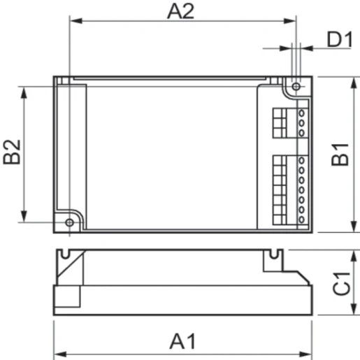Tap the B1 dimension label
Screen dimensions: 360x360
pos(340,155)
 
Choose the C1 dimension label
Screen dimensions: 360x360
pos(340,287)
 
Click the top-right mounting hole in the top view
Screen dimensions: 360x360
pos(296,86)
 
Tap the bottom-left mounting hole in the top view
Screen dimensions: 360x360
pos(69,222)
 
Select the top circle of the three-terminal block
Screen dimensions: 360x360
pos(302,112)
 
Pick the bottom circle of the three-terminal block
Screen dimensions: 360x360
pos(302,131)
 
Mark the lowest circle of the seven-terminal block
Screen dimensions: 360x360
pos(302,219)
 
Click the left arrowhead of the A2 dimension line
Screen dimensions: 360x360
pos(73,22)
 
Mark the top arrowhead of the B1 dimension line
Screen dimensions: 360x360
pos(349,80)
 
